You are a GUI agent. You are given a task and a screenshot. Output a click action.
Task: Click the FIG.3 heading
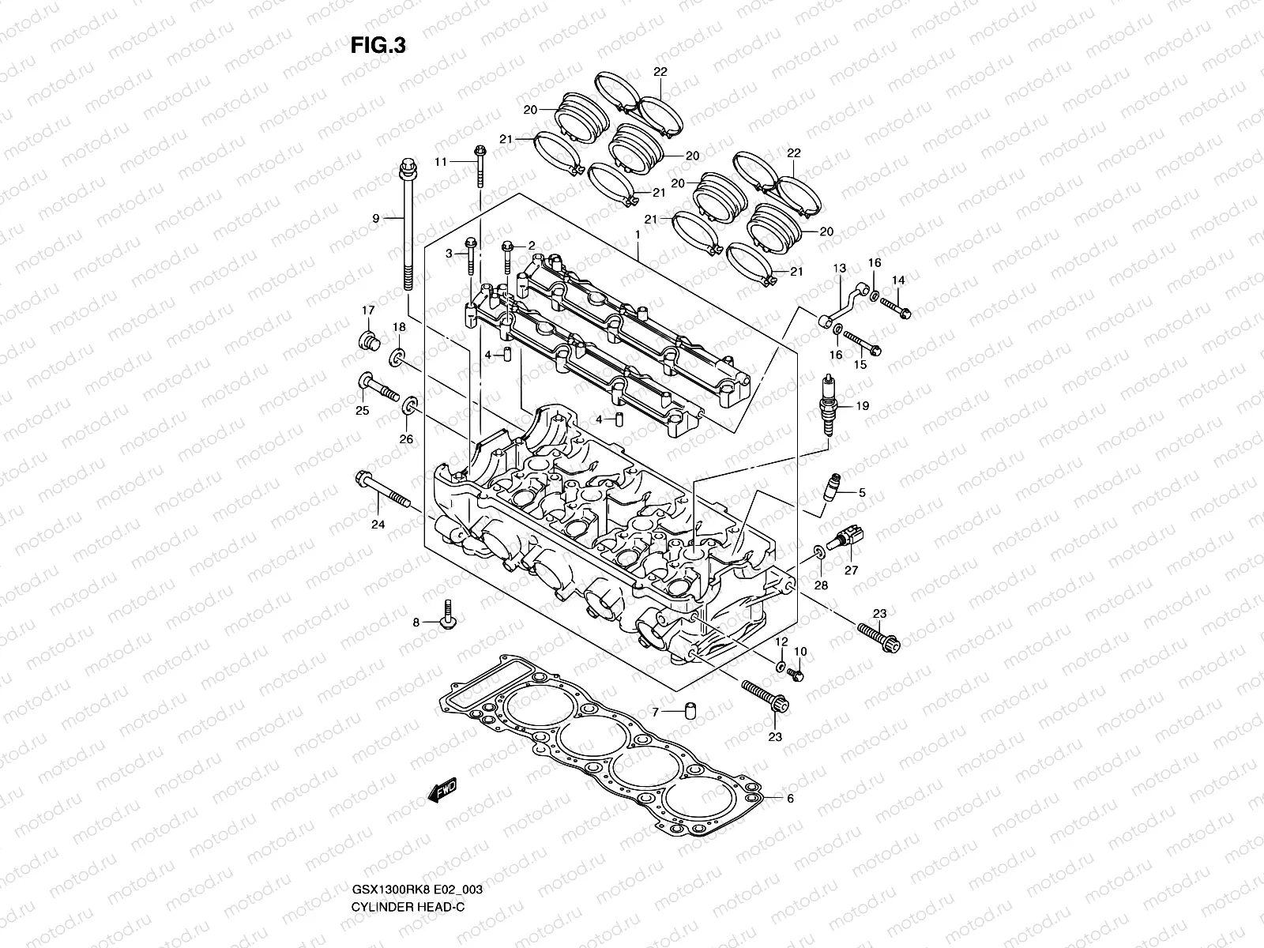(378, 46)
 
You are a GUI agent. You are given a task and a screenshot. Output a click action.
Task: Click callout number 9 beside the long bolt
(376, 218)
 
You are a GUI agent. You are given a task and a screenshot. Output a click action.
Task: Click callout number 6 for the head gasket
(789, 799)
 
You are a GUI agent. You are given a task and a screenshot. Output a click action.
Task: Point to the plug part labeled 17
(368, 340)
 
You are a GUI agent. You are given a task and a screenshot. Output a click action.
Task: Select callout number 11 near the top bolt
(441, 161)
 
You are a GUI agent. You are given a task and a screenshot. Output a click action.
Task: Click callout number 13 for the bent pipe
(840, 269)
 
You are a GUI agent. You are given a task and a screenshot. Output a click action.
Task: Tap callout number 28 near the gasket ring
(822, 585)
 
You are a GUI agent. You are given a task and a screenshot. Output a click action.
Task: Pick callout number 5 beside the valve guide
(862, 493)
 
